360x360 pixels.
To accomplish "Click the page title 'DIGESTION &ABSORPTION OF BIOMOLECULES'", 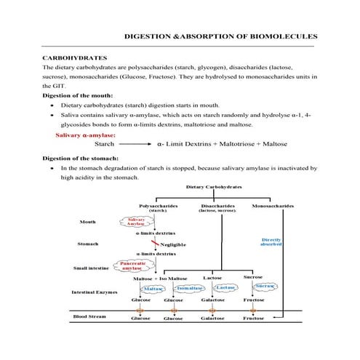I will (220, 35).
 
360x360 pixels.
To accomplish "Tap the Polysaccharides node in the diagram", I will (158, 206).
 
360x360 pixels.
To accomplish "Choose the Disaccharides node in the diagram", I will (217, 206).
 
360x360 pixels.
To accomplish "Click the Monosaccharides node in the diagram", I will (273, 206).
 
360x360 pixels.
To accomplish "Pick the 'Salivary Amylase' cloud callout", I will (135, 222).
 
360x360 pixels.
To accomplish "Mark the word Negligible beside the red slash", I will (174, 244).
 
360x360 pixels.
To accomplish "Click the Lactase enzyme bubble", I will (225, 288).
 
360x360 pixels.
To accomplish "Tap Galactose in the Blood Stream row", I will (212, 318).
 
